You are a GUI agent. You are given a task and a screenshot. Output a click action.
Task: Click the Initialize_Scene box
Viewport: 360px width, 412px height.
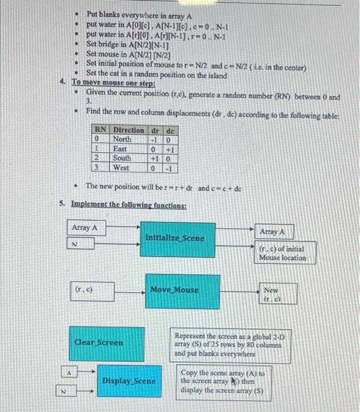tap(175, 238)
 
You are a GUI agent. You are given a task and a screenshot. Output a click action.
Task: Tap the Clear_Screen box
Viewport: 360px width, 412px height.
tap(98, 343)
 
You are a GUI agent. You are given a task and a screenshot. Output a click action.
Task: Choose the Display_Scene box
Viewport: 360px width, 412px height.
tap(128, 381)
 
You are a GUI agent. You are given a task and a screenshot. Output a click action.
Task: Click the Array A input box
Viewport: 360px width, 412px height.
tap(84, 228)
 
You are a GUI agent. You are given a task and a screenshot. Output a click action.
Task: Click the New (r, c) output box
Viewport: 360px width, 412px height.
tap(271, 294)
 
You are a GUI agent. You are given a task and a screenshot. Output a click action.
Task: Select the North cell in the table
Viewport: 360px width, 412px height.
tap(123, 139)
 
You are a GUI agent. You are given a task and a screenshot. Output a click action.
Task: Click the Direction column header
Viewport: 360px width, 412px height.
tap(128, 129)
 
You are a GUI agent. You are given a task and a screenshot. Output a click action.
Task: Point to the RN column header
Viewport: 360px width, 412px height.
tap(101, 129)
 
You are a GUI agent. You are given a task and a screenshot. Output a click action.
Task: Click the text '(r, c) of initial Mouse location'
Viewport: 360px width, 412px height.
tap(283, 254)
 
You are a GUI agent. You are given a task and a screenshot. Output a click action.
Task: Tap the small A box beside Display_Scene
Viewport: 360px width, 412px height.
tap(69, 372)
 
